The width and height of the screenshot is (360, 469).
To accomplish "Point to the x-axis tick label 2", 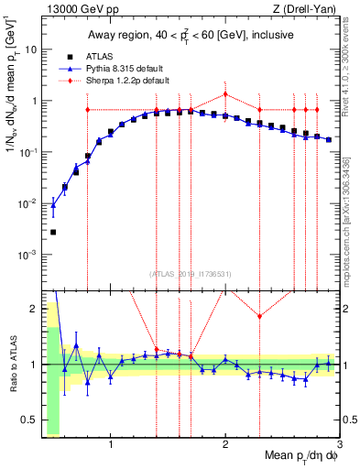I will coord(225,446).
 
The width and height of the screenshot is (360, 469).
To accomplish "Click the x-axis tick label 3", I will coord(340,446).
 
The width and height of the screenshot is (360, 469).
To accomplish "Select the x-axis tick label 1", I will coord(111,446).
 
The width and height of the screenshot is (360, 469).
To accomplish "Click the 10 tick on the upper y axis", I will coord(31,49).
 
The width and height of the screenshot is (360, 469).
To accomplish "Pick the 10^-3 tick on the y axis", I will coord(29,253).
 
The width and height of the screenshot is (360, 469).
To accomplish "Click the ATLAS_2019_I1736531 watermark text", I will coord(191,274).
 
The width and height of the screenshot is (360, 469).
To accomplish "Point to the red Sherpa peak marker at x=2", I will coord(225,93).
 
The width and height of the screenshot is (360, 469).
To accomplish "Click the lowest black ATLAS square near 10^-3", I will coord(53,232).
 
